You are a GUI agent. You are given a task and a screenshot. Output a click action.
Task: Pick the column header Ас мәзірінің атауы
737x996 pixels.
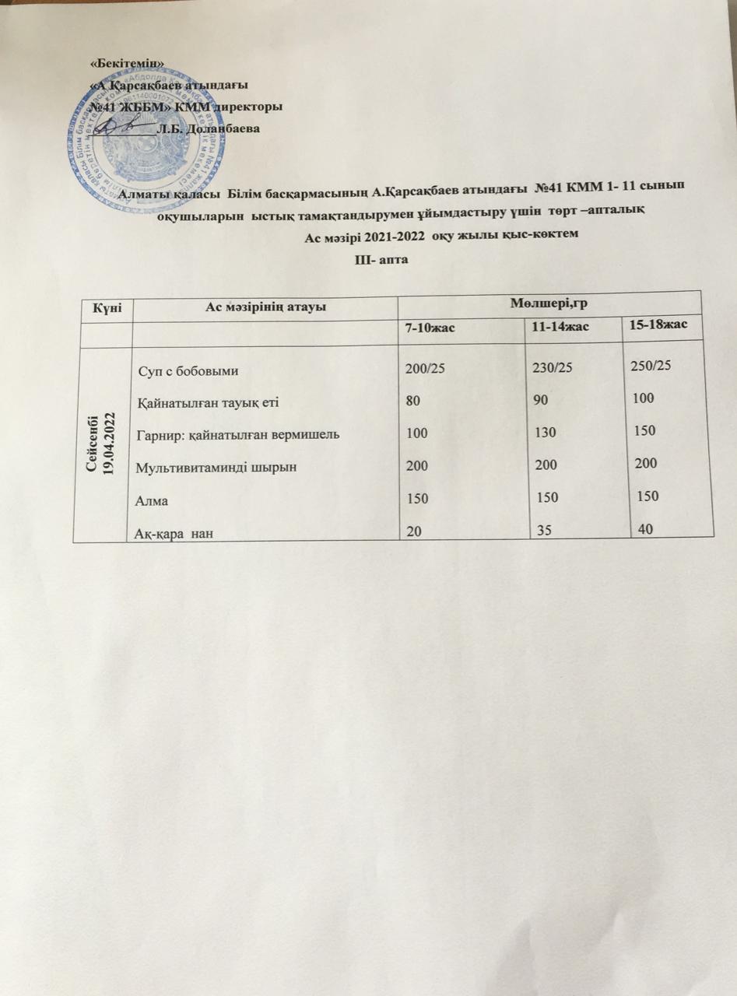[265, 307]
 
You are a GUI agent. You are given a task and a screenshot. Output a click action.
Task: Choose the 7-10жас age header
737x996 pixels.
[429, 330]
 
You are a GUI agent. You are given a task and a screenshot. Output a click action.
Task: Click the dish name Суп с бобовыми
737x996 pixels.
[188, 370]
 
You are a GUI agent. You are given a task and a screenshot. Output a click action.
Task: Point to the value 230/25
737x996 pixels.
[550, 369]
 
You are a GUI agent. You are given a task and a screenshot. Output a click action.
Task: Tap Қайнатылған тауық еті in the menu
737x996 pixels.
[202, 402]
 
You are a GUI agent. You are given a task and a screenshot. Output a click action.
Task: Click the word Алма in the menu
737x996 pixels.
[153, 499]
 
